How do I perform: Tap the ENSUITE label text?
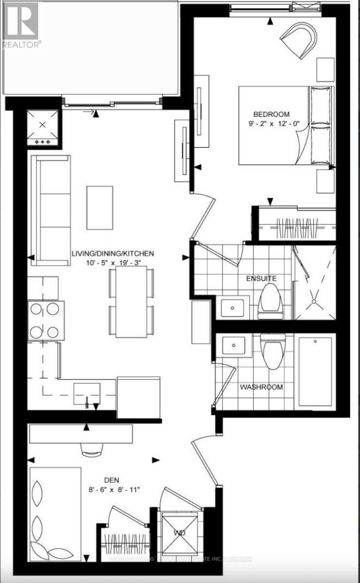[x=261, y=278]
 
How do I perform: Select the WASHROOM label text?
[x=261, y=387]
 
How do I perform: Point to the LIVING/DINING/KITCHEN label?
[x=113, y=254]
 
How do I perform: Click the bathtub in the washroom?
[x=316, y=370]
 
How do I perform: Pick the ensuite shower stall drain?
[x=315, y=302]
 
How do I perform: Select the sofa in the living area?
[x=50, y=210]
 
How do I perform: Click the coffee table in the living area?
[x=100, y=207]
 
